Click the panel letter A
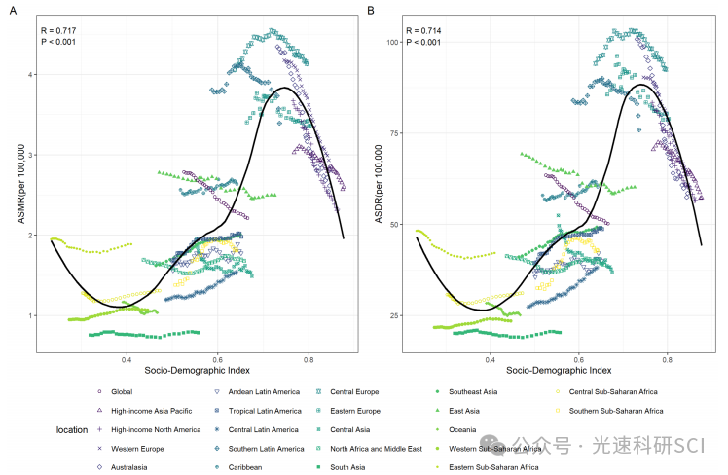click(x=14, y=12)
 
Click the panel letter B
click(x=371, y=12)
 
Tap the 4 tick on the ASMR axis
click(x=31, y=74)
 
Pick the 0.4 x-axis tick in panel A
click(x=127, y=358)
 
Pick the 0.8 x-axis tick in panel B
click(x=669, y=358)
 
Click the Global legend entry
click(x=123, y=391)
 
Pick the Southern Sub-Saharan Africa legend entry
click(x=615, y=411)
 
